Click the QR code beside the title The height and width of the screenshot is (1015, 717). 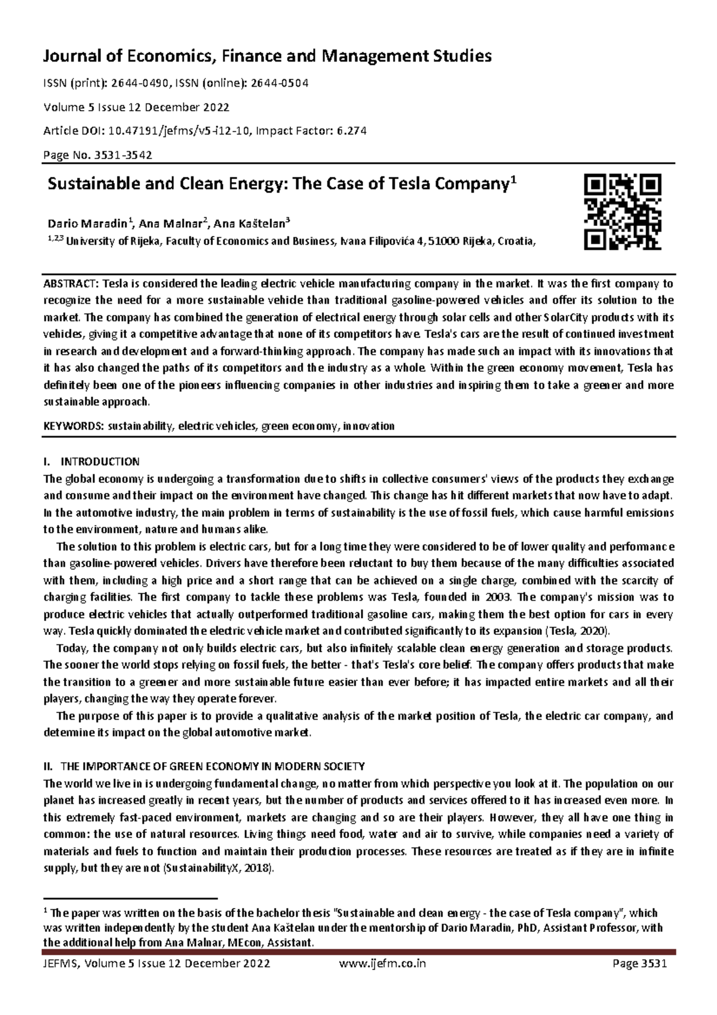[623, 212]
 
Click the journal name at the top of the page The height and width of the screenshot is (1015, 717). [266, 56]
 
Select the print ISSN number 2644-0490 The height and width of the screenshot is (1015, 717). [142, 83]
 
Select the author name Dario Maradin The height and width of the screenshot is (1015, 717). [87, 224]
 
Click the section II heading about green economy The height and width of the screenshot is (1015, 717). [204, 766]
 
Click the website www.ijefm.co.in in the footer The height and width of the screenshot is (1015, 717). [382, 964]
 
